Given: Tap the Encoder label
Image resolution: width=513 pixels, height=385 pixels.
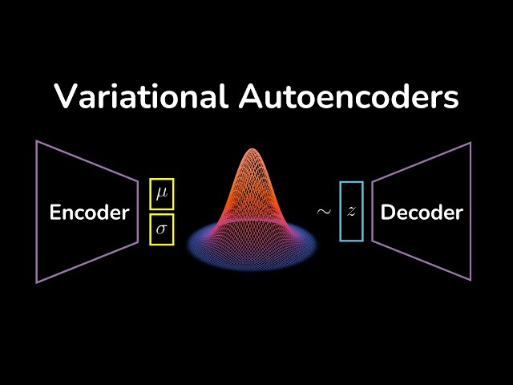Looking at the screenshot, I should (x=89, y=213).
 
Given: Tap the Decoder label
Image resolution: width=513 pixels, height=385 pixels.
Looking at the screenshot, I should (x=422, y=213).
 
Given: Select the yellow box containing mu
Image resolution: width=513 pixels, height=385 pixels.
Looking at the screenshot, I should (x=162, y=195).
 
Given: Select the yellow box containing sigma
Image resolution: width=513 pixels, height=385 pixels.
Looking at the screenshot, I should (x=162, y=229).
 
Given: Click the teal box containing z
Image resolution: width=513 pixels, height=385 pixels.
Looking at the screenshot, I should (x=351, y=212).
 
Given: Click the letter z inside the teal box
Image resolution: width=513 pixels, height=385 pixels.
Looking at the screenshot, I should (x=351, y=213).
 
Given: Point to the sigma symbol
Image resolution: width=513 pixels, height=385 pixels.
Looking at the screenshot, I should (x=162, y=230).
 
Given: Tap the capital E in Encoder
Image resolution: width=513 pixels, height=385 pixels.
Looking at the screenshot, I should (x=55, y=213).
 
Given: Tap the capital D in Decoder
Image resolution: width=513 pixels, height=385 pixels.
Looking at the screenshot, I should (x=387, y=213).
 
